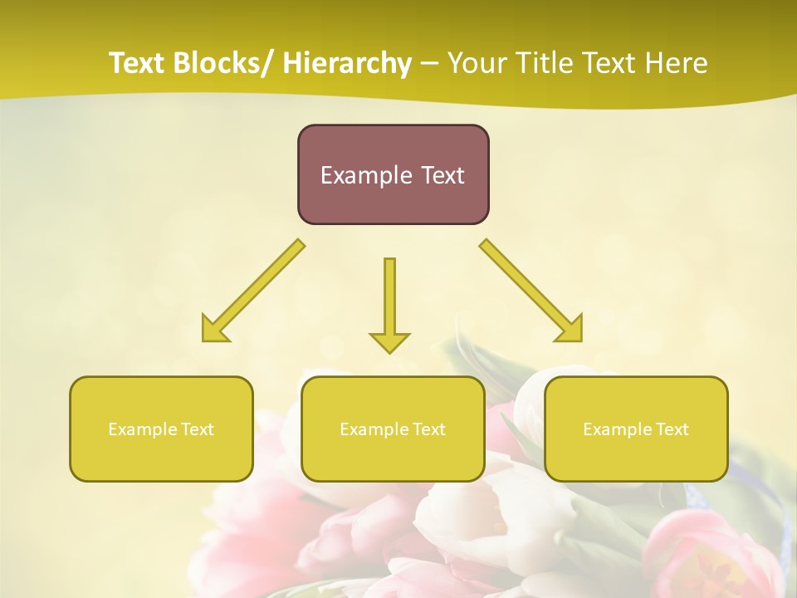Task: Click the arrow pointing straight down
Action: pos(389,307)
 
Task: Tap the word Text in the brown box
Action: pos(442,175)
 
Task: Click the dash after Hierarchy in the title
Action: pos(429,63)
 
